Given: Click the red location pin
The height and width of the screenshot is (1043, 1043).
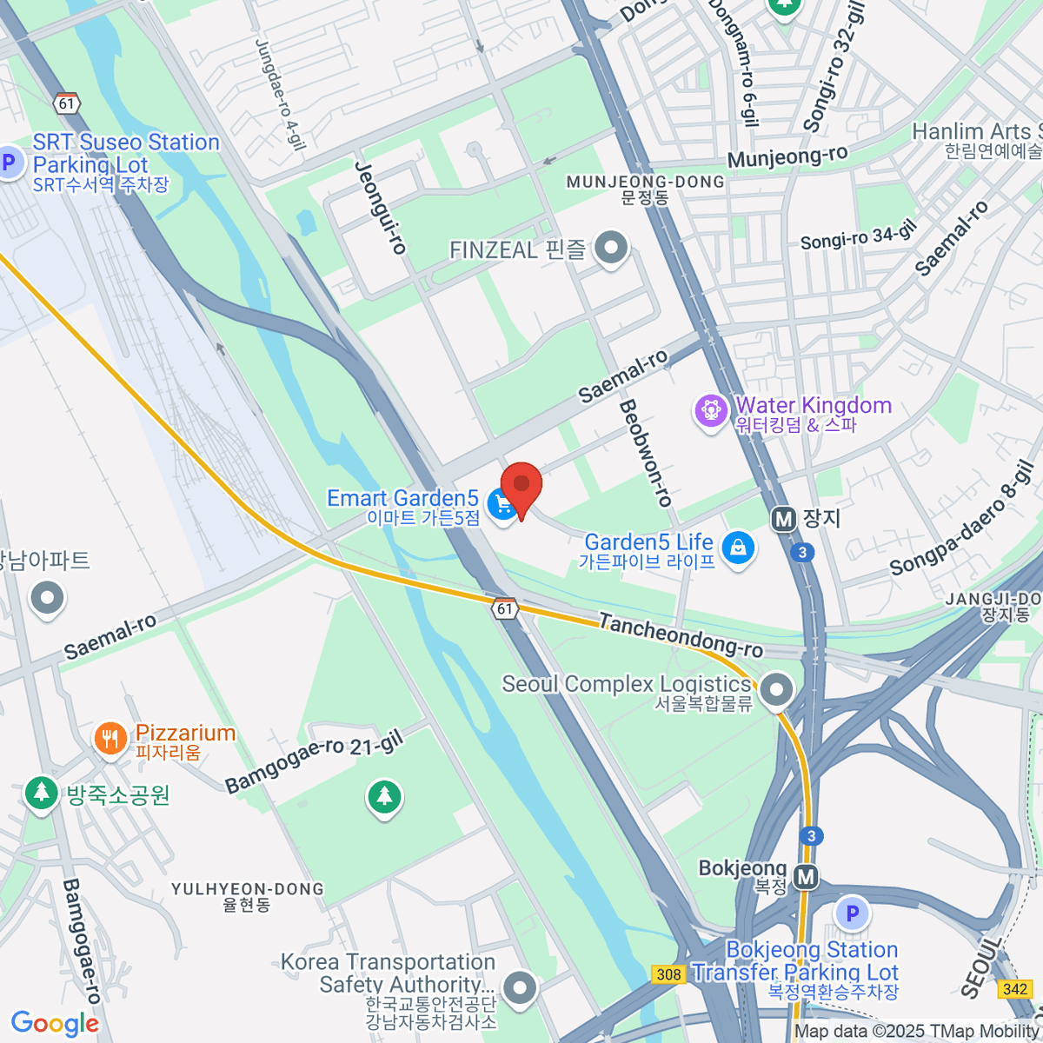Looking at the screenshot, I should pos(521,486).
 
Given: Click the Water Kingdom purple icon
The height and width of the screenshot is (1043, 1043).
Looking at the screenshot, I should pos(711,410).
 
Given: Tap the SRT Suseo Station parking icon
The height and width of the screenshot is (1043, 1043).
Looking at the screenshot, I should pos(10,162).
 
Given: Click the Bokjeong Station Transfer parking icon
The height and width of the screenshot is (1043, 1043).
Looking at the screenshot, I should pos(852,913).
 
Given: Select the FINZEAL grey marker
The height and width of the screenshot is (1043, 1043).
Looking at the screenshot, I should pos(611,249).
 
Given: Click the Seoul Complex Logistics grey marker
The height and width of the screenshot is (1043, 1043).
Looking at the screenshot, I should pos(775,691).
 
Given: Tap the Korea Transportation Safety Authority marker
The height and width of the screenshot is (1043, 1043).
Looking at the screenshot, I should pos(520,987).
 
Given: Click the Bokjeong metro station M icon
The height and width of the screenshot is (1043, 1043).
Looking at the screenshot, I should pos(807,877).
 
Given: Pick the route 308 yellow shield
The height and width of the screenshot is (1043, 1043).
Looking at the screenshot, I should pos(668,974).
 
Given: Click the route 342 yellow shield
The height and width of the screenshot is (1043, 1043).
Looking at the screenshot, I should pos(1015,989).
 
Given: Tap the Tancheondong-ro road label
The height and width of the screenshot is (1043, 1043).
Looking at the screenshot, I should pos(681,636).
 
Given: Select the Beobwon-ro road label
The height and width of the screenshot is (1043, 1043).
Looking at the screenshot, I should pos(645,453).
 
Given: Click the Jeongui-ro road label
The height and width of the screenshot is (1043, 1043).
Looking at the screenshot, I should pos(381,208).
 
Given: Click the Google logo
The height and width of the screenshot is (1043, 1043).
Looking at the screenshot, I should pos(55,1024).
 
